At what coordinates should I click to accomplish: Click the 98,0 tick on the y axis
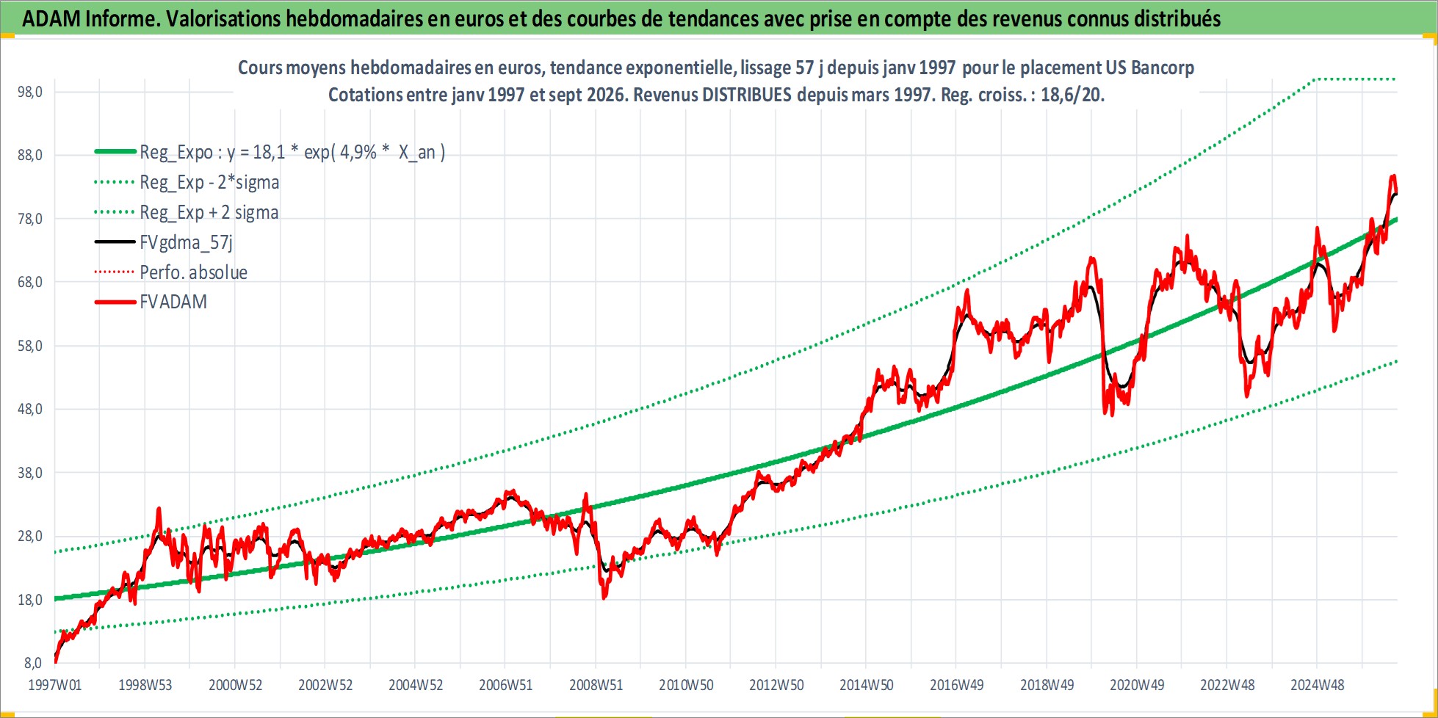(x=30, y=92)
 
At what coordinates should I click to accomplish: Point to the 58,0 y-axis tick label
(x=30, y=346)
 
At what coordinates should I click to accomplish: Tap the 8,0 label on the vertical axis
(x=34, y=663)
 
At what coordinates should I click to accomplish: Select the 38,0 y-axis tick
(x=30, y=473)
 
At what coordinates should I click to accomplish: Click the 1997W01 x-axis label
(x=55, y=685)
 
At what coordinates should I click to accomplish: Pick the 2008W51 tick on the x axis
(x=596, y=685)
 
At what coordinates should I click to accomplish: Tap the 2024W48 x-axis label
(x=1318, y=685)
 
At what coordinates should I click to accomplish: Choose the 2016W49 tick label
(x=956, y=685)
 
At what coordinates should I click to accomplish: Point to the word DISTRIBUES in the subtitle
(x=747, y=95)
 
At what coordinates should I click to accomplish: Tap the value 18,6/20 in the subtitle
(x=1072, y=95)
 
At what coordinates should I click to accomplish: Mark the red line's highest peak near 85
(x=1392, y=176)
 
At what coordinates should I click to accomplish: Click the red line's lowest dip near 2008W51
(x=604, y=598)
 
